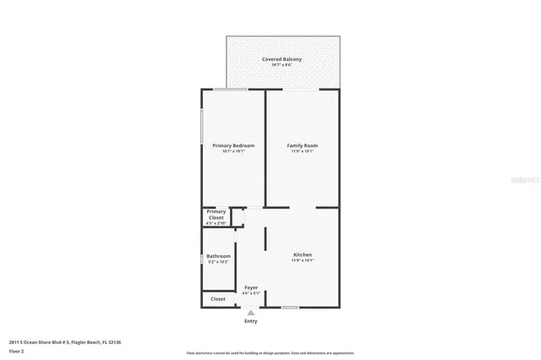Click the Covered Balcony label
coord(281,59)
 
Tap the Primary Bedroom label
coord(232,145)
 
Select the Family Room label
coord(303,145)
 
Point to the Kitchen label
coord(303,254)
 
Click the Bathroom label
coord(218,256)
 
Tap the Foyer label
coord(251,288)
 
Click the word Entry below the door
coord(251,321)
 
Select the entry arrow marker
coord(251,312)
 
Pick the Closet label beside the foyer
coord(218,298)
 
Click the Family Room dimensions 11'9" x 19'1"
coord(303,152)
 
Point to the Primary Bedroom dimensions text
coord(232,152)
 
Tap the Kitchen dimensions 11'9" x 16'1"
coord(303,261)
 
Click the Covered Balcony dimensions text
coord(281,66)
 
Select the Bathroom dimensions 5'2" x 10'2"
coord(218,263)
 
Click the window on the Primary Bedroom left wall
coord(201,126)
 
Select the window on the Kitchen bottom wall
coord(290,308)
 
